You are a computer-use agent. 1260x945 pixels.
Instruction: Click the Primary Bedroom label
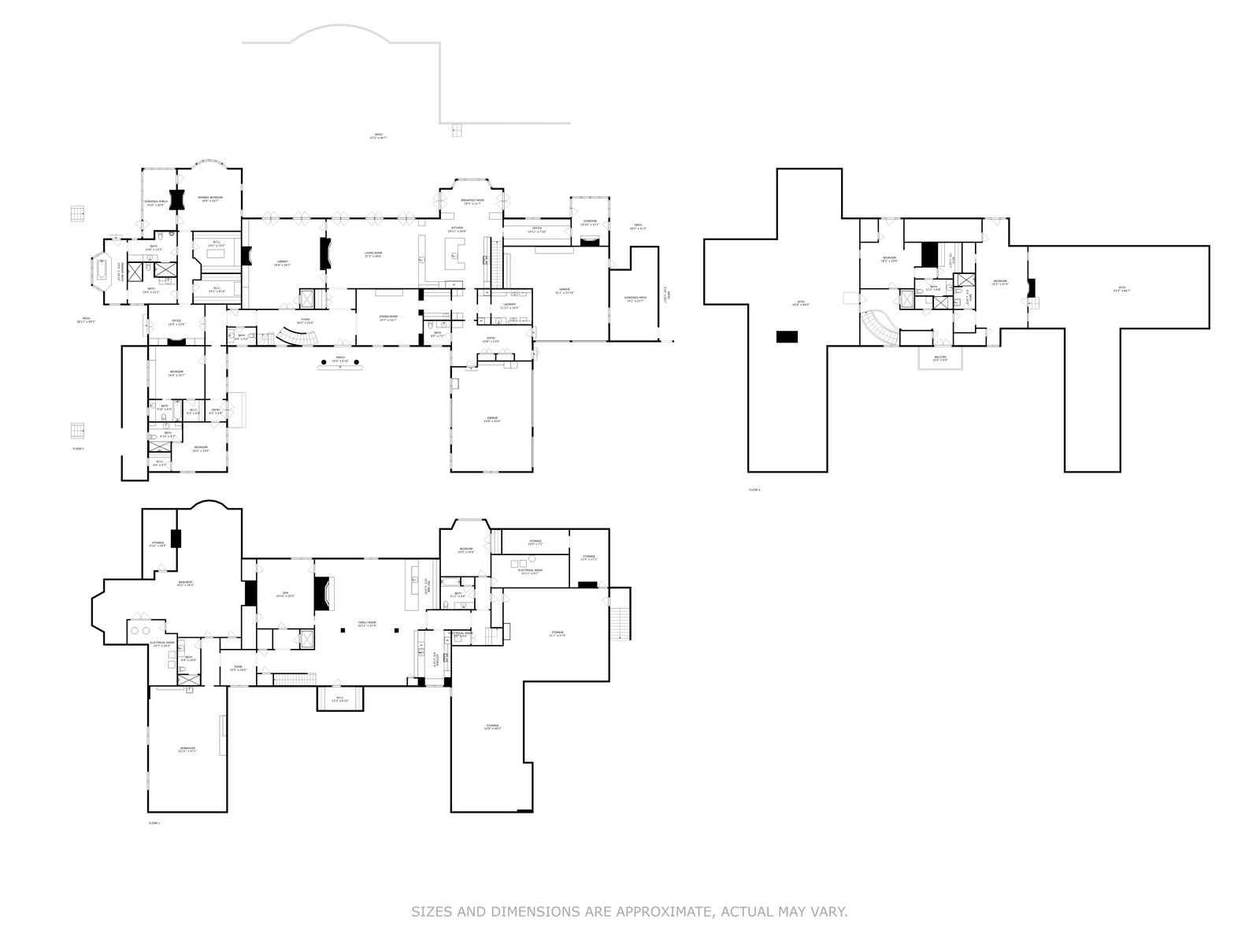[210, 198]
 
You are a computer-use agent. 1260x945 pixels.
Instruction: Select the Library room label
[282, 262]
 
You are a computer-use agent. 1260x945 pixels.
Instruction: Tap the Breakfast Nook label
[472, 202]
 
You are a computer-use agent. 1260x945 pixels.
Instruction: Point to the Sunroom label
[590, 222]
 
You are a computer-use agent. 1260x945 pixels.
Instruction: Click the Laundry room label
[509, 306]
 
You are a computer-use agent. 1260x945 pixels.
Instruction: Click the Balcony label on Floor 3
[940, 358]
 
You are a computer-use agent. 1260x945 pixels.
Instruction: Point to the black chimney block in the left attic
[787, 337]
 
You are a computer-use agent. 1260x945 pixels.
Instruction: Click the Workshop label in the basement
[187, 749]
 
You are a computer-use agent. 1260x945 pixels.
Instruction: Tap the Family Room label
[367, 624]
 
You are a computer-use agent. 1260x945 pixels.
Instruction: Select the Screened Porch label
[156, 202]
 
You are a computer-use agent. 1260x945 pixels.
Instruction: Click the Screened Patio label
[635, 299]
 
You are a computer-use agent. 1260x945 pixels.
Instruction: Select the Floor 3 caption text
[754, 490]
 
